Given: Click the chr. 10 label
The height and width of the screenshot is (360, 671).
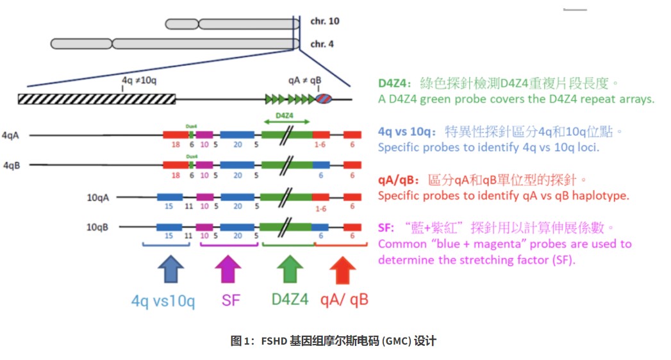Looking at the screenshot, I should (325, 21).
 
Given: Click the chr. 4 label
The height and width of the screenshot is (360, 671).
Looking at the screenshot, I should (322, 44).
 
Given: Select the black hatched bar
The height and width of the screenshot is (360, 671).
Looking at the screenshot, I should (97, 99).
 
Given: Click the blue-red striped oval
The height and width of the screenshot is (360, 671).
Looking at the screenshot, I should (324, 99).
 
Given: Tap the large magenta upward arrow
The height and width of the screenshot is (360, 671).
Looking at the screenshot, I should (229, 270).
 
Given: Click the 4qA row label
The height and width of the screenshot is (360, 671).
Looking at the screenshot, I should (12, 135).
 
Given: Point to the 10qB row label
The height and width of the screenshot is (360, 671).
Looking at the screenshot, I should (98, 227).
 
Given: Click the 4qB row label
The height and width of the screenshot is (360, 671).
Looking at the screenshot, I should (12, 165).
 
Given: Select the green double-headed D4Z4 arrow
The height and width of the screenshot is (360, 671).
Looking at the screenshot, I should (286, 120).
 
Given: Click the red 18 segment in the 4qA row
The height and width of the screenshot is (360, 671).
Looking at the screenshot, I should (176, 135).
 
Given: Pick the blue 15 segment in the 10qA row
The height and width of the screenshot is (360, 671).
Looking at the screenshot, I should (170, 197).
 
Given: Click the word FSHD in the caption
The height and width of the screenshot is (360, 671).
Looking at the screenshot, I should (275, 341).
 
